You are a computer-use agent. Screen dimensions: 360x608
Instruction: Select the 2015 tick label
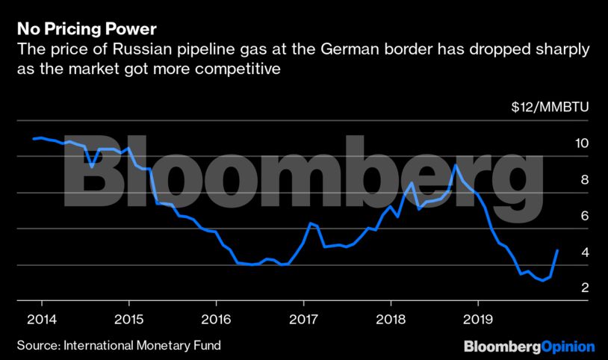(x=128, y=317)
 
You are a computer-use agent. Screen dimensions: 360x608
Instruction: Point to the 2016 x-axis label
(x=216, y=317)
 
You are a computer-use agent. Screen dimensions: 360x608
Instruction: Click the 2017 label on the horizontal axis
(x=303, y=317)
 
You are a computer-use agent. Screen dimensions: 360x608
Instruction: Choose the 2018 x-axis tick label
(x=390, y=317)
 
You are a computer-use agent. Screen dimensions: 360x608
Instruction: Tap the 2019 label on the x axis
(x=477, y=317)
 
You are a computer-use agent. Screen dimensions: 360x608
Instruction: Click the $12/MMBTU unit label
(x=550, y=107)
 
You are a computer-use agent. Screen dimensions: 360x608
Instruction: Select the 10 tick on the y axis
(x=583, y=143)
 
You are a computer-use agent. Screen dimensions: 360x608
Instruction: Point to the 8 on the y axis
(x=586, y=180)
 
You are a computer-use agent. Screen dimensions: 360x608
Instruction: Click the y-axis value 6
(x=586, y=216)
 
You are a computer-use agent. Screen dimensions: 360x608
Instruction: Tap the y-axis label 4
(x=586, y=252)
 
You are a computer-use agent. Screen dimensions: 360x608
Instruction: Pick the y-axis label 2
(x=586, y=288)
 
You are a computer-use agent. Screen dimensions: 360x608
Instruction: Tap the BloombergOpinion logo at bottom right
(x=529, y=347)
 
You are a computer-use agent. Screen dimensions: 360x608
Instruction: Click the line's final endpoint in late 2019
(x=558, y=250)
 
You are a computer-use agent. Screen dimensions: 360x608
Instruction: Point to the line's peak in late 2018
(x=456, y=165)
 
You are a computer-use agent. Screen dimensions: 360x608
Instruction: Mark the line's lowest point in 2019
(x=541, y=282)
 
